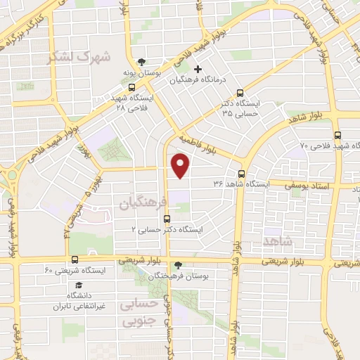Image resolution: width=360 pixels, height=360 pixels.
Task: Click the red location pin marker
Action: coord(181,166)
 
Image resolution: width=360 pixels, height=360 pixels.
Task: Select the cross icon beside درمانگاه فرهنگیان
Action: coord(198,69)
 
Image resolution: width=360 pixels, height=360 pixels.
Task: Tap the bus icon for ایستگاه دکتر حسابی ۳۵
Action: coord(240,92)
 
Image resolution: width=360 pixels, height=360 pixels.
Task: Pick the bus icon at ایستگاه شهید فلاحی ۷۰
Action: coord(338,136)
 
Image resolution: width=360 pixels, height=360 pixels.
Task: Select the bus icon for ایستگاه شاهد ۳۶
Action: coord(241,173)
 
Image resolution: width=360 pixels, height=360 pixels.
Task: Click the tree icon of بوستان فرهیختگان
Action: coord(177,266)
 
